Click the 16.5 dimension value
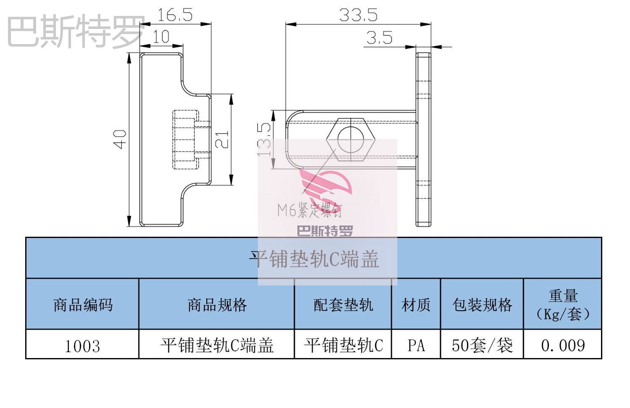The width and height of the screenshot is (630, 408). (x=175, y=15)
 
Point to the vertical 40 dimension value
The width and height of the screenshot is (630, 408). (x=120, y=139)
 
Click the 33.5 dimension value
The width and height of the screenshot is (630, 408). (x=358, y=15)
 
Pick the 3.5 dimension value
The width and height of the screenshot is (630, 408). (x=379, y=38)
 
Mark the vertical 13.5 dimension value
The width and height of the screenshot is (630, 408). (x=265, y=140)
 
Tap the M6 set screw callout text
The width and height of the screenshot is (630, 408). (x=310, y=209)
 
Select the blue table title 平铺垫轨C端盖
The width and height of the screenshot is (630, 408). (x=314, y=259)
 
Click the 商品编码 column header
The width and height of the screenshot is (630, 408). (x=83, y=305)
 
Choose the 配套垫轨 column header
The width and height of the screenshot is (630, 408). (x=343, y=305)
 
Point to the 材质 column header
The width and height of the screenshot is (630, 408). (x=416, y=305)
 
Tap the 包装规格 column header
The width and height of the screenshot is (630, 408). (x=482, y=305)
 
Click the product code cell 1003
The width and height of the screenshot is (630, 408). (x=82, y=346)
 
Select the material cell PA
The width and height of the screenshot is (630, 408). (x=416, y=345)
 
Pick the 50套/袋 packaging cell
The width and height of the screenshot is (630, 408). (x=482, y=345)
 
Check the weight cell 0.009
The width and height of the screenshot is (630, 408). (x=563, y=345)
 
